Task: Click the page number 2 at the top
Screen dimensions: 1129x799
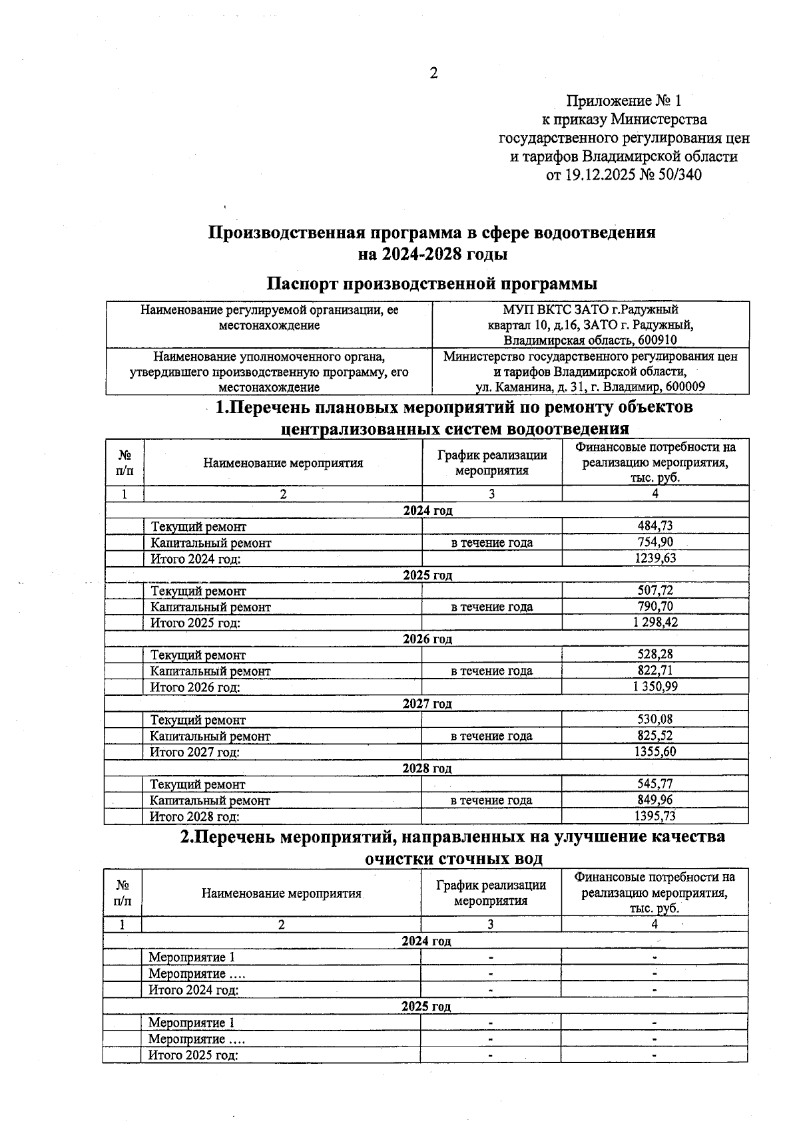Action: pyautogui.click(x=433, y=73)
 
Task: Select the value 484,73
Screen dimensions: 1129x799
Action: pyautogui.click(x=655, y=526)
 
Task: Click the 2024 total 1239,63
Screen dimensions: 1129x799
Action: pyautogui.click(x=655, y=558)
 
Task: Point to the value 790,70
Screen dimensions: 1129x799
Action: pyautogui.click(x=655, y=607)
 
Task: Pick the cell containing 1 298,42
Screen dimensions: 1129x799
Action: pyautogui.click(x=655, y=623)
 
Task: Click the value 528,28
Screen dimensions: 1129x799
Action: pyautogui.click(x=655, y=655)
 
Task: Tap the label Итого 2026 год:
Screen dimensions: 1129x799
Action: pyautogui.click(x=194, y=687)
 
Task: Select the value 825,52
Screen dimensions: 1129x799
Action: pyautogui.click(x=655, y=736)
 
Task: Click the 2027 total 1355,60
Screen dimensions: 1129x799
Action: pyautogui.click(x=655, y=752)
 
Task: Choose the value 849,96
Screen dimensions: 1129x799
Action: pyautogui.click(x=655, y=800)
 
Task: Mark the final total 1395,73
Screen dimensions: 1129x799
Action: pyautogui.click(x=655, y=816)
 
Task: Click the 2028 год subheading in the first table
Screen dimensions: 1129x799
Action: pyautogui.click(x=427, y=768)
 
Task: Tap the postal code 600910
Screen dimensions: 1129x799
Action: pyautogui.click(x=655, y=340)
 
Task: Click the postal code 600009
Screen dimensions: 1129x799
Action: pyautogui.click(x=684, y=387)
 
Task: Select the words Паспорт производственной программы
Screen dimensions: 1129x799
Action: pyautogui.click(x=431, y=283)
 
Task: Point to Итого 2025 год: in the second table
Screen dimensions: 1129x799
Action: pyautogui.click(x=193, y=1055)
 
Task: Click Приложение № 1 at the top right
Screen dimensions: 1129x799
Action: pyautogui.click(x=624, y=101)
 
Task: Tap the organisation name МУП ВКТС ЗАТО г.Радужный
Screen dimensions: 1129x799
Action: pyautogui.click(x=590, y=309)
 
